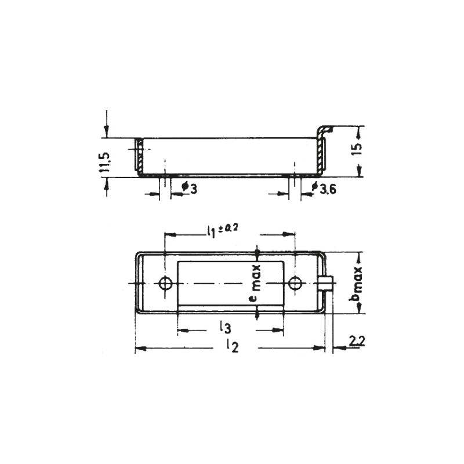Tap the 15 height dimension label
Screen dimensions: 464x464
(x=357, y=148)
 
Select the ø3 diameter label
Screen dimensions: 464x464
(x=186, y=188)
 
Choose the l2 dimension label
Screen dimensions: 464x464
(x=230, y=347)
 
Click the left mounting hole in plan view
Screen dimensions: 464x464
(x=165, y=283)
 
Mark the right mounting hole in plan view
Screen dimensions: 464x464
(x=295, y=283)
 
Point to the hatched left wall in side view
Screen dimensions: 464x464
(x=139, y=155)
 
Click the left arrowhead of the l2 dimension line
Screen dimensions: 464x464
(x=138, y=348)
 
